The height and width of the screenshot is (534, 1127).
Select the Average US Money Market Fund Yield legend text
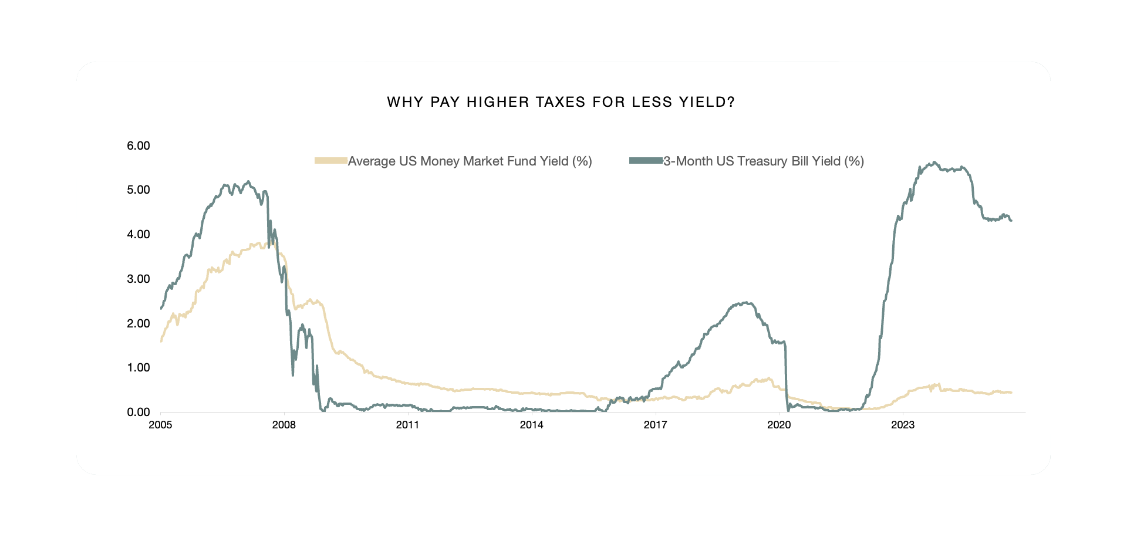[470, 161]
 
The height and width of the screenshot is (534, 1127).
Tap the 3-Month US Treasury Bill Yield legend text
[763, 161]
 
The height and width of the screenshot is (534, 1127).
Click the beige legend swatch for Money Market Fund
[331, 161]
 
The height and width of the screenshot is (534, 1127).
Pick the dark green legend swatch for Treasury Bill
[646, 161]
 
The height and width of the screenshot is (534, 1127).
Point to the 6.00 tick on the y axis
[139, 146]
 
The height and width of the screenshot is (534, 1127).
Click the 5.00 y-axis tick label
[139, 190]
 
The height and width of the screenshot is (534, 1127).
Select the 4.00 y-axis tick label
[139, 234]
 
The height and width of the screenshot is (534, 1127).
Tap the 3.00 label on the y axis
[139, 279]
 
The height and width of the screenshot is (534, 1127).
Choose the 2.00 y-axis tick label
[139, 323]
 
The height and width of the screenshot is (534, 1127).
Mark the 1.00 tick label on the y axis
[139, 367]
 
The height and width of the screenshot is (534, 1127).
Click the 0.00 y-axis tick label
[139, 412]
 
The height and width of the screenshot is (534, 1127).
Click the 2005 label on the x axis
[160, 425]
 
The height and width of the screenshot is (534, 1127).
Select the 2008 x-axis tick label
[284, 425]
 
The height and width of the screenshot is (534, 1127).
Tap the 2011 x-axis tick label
[407, 425]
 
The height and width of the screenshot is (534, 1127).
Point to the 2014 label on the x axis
[531, 425]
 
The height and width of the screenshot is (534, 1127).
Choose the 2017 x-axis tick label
[655, 425]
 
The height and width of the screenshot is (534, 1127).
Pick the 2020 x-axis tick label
[779, 425]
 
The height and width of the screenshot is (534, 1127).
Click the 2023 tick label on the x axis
[903, 425]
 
